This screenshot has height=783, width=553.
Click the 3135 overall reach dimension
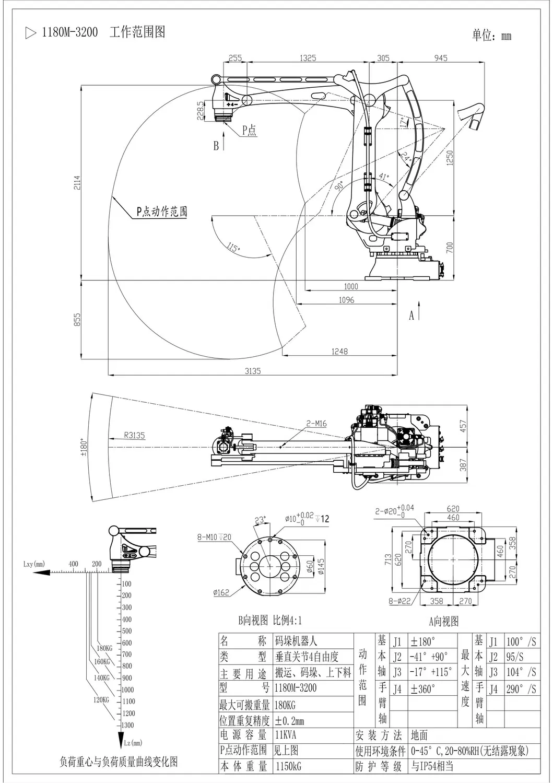(252, 371)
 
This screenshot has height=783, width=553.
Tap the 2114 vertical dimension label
(77, 183)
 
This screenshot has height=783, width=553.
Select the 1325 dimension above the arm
(308, 58)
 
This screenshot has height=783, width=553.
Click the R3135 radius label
(134, 435)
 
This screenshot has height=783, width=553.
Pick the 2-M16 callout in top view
(316, 424)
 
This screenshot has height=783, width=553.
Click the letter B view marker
(216, 146)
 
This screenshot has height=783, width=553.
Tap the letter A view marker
(411, 315)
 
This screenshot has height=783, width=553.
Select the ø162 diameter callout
(222, 592)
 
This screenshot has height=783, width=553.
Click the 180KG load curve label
(104, 648)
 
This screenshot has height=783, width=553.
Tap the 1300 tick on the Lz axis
(127, 725)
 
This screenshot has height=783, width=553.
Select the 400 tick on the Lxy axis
(73, 564)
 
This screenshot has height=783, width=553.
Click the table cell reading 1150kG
(288, 766)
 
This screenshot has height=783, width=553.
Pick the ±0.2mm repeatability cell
(289, 721)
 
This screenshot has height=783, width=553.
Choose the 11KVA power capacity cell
(286, 735)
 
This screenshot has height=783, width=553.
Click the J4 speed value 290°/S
(521, 689)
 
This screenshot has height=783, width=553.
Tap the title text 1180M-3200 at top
(69, 32)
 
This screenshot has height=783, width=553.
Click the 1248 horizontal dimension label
(339, 352)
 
